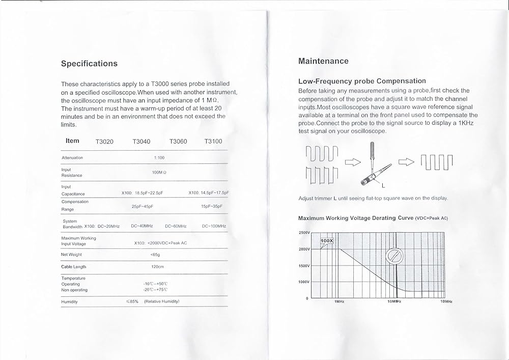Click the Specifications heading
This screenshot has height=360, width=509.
tap(89, 64)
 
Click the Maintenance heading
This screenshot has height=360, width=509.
tap(323, 61)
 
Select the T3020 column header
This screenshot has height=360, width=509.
tap(104, 142)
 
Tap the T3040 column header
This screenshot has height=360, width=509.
tap(141, 142)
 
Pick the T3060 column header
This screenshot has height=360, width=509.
tap(178, 142)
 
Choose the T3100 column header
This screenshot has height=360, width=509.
tap(213, 142)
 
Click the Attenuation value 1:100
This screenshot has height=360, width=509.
tap(159, 158)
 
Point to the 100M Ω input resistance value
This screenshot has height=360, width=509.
tap(159, 173)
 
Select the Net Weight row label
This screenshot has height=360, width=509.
tap(71, 255)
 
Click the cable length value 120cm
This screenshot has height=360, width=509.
tap(158, 267)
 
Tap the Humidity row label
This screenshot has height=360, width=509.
tap(69, 302)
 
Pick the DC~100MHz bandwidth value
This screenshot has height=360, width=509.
tap(214, 226)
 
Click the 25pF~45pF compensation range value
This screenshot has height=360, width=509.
tap(143, 206)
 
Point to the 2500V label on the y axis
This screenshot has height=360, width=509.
tap(304, 233)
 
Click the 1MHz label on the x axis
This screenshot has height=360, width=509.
tap(340, 301)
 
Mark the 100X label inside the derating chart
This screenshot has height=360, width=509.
tap(326, 240)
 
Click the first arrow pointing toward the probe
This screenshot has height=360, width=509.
tap(352, 162)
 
